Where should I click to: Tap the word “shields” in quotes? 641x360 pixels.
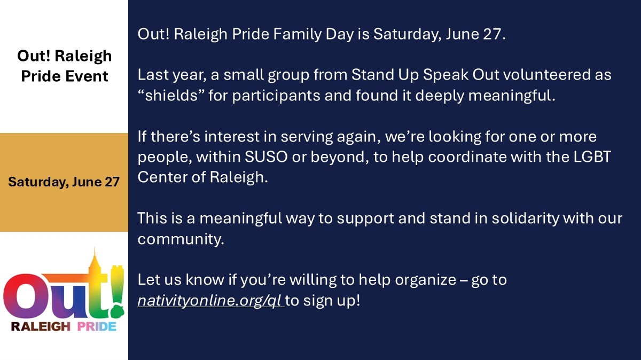[171, 95]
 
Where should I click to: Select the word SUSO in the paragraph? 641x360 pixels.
[266, 157]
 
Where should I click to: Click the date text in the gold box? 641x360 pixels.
[64, 182]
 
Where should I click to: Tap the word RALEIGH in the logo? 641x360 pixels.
[41, 326]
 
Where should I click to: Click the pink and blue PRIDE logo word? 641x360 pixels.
[97, 326]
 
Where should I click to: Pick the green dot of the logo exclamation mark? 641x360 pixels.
[118, 311]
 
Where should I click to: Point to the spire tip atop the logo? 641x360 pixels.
[95, 248]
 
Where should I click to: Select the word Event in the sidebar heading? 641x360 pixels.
[87, 76]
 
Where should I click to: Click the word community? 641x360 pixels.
[181, 239]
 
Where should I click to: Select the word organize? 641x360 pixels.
[426, 280]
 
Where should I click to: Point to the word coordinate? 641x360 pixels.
[467, 157]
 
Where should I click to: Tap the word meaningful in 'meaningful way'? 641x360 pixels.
[241, 218]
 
